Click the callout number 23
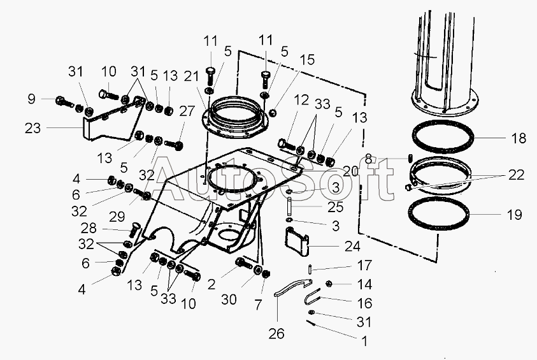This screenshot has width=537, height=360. pyautogui.click(x=33, y=128)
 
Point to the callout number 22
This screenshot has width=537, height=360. pyautogui.click(x=516, y=175)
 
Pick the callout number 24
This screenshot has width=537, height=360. pyautogui.click(x=352, y=245)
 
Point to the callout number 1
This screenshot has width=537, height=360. pyautogui.click(x=364, y=342)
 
